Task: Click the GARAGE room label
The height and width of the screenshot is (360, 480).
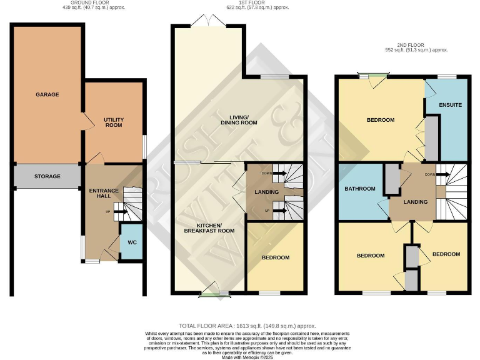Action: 47,94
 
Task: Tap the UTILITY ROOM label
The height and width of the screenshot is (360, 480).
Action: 113,122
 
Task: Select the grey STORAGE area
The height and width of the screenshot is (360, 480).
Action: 47,176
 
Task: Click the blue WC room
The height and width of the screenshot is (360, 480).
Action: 131,242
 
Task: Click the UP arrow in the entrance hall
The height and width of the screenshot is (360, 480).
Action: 119,212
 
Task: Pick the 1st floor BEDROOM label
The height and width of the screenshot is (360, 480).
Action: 275,257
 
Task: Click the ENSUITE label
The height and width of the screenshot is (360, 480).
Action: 450,104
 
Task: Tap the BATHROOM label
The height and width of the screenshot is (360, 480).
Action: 360,189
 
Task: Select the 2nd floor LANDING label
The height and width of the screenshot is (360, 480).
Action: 415,202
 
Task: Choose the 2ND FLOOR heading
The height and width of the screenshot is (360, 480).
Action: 409,44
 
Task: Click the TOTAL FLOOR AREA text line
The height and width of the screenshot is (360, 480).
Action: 247,326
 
